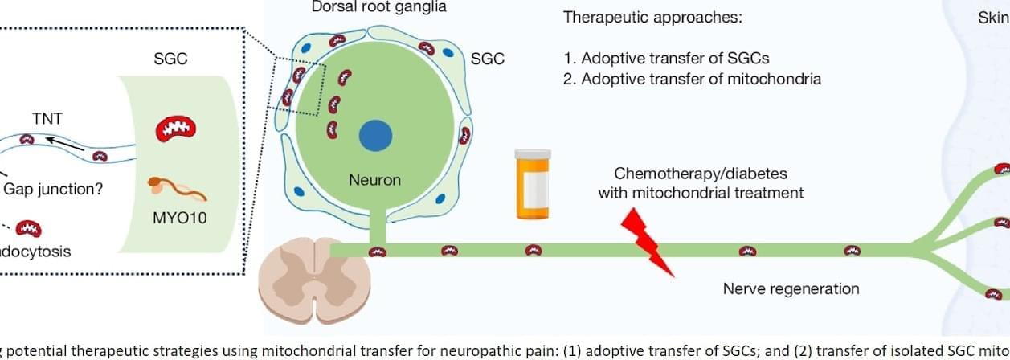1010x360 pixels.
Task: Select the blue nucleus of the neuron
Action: pyautogui.click(x=372, y=134)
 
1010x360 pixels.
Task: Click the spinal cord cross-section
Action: pyautogui.click(x=297, y=278)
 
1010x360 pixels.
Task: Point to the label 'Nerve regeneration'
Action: pyautogui.click(x=791, y=288)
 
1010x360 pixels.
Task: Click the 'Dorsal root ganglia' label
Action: pyautogui.click(x=380, y=7)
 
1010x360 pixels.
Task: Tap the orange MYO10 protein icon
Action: pyautogui.click(x=177, y=190)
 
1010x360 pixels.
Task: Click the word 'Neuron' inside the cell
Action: pyautogui.click(x=374, y=180)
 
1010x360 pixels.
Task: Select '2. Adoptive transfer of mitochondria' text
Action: pyautogui.click(x=692, y=79)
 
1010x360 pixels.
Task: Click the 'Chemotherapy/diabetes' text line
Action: pyautogui.click(x=689, y=174)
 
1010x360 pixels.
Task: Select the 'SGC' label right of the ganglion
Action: pyautogui.click(x=488, y=59)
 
